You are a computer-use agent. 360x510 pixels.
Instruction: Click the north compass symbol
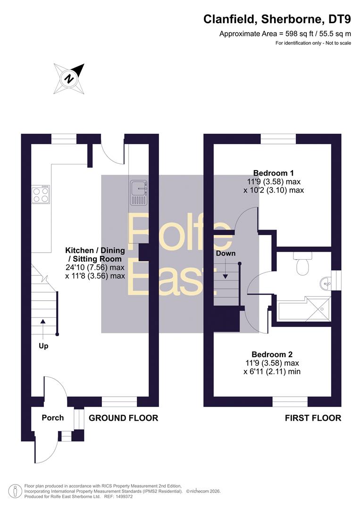point(69,79)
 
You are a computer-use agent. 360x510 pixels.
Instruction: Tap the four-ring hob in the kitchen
point(41,195)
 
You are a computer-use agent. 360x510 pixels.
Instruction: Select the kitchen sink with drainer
point(139,193)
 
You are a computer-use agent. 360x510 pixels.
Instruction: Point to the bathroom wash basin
point(326,283)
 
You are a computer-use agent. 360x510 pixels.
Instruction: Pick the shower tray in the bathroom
point(318,309)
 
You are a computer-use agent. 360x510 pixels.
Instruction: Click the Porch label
point(53,417)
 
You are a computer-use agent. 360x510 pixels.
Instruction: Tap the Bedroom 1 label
point(273,173)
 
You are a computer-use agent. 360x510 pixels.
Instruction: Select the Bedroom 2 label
point(272,354)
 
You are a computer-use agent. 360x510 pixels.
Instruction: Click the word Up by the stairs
point(43,346)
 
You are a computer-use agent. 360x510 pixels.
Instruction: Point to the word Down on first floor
point(226,253)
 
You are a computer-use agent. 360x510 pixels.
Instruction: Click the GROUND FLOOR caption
point(124,418)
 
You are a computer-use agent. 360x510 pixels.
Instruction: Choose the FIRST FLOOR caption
point(313,418)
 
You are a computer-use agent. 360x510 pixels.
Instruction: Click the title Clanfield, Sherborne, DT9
point(277,19)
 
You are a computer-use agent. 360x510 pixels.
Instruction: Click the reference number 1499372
point(124,497)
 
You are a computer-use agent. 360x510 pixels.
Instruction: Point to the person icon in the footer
point(14,491)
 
